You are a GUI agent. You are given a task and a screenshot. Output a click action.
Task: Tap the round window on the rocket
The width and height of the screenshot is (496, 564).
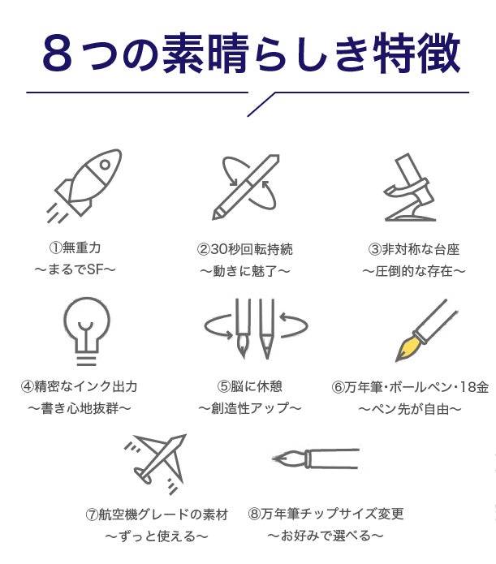105,165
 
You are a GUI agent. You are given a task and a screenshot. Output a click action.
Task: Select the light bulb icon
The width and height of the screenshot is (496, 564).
86,331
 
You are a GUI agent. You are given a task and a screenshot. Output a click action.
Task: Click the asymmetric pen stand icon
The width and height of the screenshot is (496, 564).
410,187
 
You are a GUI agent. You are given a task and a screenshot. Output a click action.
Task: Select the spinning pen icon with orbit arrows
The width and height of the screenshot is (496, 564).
246,187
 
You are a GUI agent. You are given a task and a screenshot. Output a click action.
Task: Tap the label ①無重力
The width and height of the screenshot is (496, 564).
75,248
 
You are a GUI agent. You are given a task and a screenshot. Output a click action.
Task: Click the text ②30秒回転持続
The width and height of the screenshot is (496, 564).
245,249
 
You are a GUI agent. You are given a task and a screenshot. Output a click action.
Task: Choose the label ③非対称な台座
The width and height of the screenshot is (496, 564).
414,249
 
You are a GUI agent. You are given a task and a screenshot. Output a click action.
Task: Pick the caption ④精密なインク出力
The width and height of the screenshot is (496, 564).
80,386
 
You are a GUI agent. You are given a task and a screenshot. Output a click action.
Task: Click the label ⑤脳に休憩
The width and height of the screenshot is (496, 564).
249,386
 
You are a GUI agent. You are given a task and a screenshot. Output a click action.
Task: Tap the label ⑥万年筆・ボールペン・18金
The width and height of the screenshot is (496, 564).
410,387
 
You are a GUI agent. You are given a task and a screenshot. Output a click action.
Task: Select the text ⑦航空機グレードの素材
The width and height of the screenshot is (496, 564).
157,514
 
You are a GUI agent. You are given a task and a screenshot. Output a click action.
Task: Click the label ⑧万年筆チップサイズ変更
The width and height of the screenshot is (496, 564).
326,514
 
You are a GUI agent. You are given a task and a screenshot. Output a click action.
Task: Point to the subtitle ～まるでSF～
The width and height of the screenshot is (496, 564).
75,269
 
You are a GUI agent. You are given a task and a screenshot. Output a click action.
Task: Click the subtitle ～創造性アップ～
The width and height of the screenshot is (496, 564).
249,408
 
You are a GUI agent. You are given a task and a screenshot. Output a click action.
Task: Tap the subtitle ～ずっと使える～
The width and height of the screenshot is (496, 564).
157,536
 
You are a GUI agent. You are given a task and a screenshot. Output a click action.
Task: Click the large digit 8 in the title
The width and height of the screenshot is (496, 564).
57,54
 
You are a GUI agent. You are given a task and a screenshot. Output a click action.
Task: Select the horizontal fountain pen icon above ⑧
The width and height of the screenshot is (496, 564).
316,459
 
